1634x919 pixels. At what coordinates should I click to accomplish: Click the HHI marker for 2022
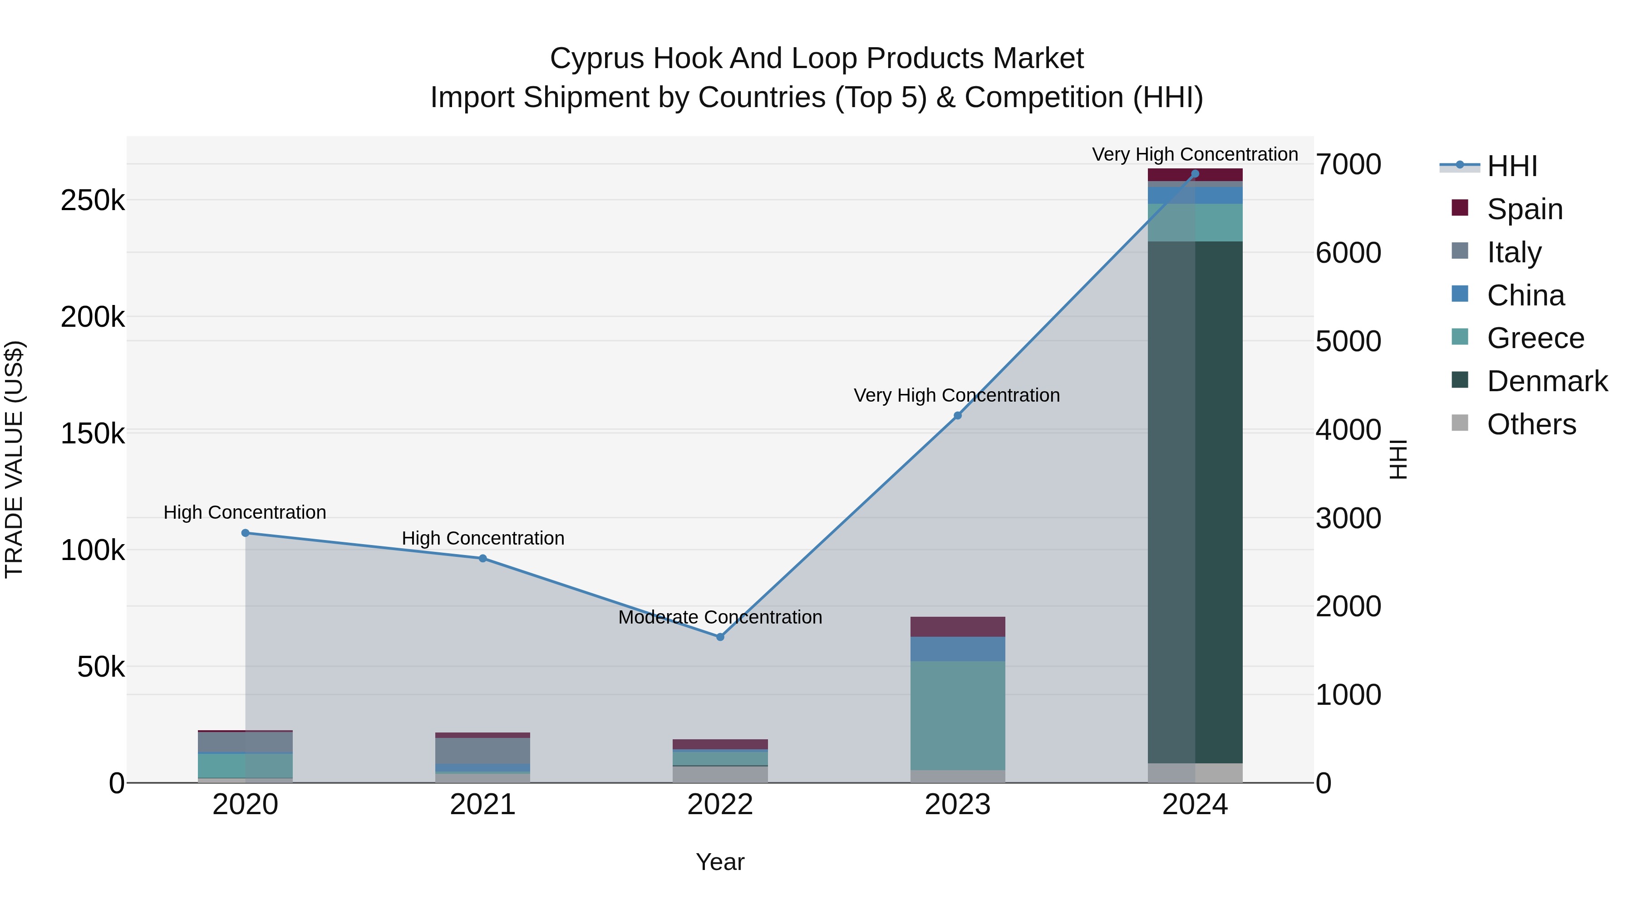pos(720,637)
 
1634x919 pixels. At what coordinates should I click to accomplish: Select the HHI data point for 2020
pos(246,533)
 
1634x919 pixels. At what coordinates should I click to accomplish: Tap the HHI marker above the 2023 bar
pos(958,415)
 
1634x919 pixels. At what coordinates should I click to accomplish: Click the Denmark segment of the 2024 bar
pos(1195,501)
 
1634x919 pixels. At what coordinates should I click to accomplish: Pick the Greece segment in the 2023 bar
pos(958,715)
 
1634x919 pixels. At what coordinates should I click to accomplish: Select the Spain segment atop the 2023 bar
pos(958,627)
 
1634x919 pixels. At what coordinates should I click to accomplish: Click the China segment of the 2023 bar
pos(958,649)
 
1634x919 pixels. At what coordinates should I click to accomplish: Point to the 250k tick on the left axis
pos(93,201)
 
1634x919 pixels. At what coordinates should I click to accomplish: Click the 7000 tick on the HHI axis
pos(1348,164)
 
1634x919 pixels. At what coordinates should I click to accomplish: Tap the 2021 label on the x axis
pos(483,804)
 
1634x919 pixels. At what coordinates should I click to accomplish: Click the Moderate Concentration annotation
pos(720,617)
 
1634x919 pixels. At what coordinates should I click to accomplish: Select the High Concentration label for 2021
pos(483,538)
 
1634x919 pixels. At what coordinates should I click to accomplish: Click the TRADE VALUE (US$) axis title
pos(14,459)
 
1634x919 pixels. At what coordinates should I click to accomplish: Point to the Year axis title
pos(720,862)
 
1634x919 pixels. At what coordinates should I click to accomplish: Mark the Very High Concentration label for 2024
pos(1195,154)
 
